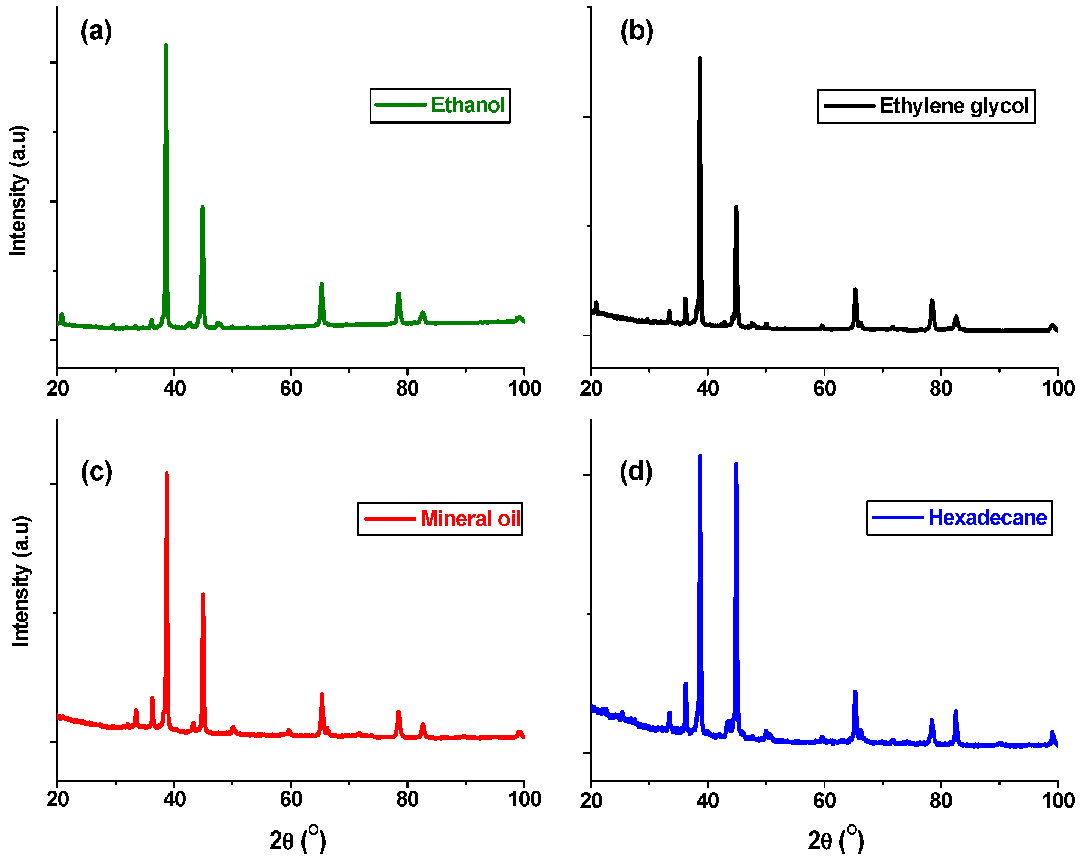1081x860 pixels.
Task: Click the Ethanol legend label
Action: coord(467,105)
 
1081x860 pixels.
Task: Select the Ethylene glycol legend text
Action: coord(954,106)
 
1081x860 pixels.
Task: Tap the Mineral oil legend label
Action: coord(470,519)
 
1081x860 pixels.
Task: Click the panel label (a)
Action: coord(96,31)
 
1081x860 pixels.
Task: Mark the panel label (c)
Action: coord(96,472)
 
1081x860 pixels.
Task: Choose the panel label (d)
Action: coord(636,472)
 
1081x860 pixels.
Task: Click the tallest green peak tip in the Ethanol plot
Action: coord(166,45)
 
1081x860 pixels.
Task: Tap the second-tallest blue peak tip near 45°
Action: coord(736,464)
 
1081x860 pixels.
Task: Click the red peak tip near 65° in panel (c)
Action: coord(322,694)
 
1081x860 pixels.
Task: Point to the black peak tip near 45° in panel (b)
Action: coord(736,207)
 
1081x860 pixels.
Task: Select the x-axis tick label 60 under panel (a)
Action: coord(291,388)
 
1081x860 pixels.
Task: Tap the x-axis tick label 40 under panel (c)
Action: coord(174,799)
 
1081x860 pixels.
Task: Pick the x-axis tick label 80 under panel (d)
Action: coord(941,800)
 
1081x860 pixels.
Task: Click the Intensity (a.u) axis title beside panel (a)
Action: coord(18,191)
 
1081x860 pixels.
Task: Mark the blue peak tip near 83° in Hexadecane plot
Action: coord(956,711)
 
